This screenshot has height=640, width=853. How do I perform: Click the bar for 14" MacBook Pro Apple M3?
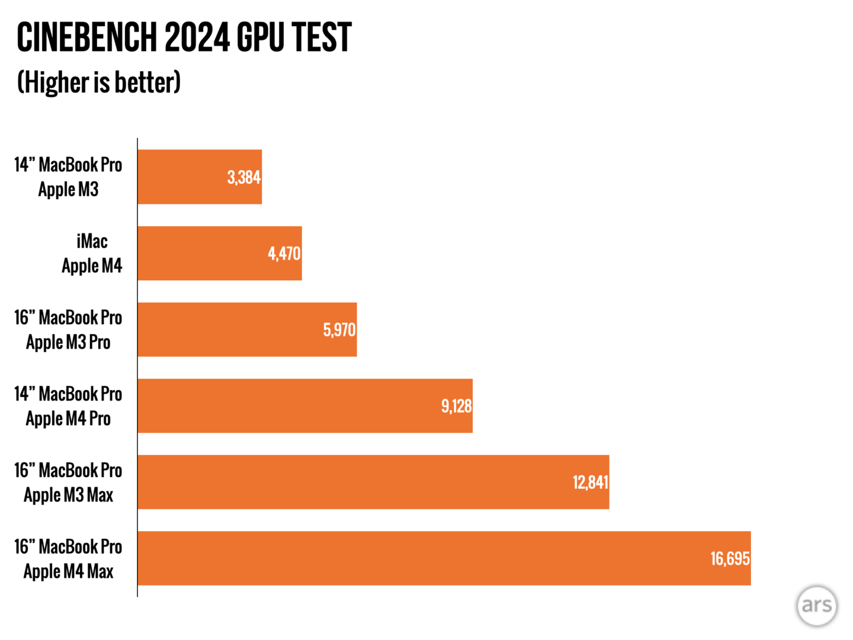(x=200, y=177)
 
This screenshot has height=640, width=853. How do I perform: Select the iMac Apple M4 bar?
(x=220, y=253)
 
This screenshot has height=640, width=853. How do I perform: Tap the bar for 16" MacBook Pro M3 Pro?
(x=247, y=329)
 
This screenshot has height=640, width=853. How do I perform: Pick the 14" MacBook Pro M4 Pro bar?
(x=305, y=406)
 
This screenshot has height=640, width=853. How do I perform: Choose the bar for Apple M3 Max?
(x=373, y=482)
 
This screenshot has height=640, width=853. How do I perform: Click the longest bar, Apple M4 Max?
(x=444, y=558)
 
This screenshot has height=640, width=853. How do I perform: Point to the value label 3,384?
(x=244, y=177)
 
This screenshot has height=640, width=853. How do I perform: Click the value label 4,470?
(x=284, y=254)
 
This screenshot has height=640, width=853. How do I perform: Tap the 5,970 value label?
(x=339, y=330)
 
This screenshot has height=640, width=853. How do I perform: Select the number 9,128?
(x=456, y=407)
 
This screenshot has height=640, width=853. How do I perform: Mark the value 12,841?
(x=591, y=482)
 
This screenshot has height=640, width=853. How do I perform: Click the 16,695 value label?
(x=730, y=559)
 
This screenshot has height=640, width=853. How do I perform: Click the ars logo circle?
(x=817, y=606)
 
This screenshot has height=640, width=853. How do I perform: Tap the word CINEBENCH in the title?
(x=86, y=37)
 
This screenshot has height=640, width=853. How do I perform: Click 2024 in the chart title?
(x=197, y=37)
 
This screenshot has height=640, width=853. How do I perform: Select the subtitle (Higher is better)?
(x=99, y=82)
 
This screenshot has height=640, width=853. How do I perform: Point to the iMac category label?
(x=92, y=241)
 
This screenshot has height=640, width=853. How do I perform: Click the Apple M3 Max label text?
(x=69, y=495)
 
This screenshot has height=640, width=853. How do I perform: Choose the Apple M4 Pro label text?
(x=69, y=418)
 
